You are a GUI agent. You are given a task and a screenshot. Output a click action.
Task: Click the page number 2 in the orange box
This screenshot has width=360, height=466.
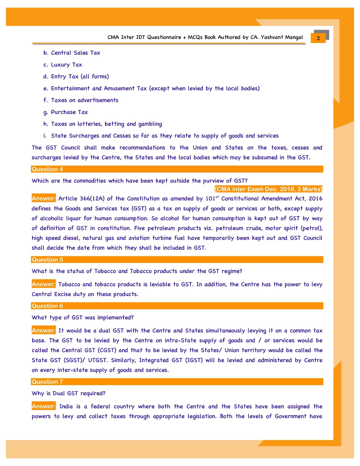(x=318, y=38)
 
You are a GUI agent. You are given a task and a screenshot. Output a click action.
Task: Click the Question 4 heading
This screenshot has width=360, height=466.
(x=47, y=169)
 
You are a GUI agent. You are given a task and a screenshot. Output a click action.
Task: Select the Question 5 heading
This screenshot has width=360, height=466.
(x=47, y=260)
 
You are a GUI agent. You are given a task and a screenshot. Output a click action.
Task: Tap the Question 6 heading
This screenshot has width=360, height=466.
(x=47, y=306)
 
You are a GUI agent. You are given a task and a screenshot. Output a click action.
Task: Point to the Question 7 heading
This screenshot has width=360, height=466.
(x=47, y=382)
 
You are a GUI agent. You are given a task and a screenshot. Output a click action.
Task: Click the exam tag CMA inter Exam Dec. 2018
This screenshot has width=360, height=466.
(x=268, y=189)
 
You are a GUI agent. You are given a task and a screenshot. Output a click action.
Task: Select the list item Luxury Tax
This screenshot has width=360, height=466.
(x=66, y=65)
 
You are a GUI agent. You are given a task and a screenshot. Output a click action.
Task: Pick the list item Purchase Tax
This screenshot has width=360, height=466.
(x=69, y=112)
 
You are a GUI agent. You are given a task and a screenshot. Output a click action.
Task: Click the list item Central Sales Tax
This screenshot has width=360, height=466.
(x=75, y=53)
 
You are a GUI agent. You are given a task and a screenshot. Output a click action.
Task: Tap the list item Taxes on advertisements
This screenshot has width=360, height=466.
(x=84, y=100)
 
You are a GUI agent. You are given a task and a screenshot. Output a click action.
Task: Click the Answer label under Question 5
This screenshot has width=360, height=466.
(x=43, y=284)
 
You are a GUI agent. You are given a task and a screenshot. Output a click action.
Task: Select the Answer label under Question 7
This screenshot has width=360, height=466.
(x=43, y=406)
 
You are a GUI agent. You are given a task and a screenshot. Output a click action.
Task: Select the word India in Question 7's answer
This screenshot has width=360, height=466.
(x=66, y=406)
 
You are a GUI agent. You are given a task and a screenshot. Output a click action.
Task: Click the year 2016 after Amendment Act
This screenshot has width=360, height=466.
(x=315, y=199)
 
